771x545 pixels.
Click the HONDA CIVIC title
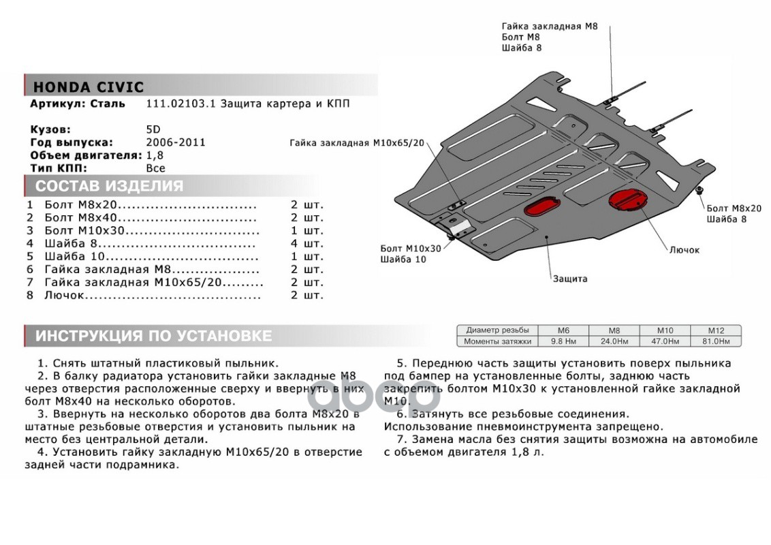[88, 87]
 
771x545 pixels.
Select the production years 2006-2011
[176, 142]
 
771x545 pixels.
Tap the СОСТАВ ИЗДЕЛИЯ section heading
[109, 186]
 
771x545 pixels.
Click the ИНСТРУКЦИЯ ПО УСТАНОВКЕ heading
[153, 336]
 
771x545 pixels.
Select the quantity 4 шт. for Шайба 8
[307, 243]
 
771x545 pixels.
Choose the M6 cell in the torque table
[563, 330]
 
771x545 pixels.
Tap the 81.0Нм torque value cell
[716, 341]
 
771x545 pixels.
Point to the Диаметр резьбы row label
[497, 330]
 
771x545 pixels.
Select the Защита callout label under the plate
[570, 279]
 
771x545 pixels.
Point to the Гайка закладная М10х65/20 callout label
[356, 143]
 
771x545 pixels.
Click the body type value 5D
[154, 129]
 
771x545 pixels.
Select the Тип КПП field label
[59, 168]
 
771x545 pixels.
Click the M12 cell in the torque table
[716, 330]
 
